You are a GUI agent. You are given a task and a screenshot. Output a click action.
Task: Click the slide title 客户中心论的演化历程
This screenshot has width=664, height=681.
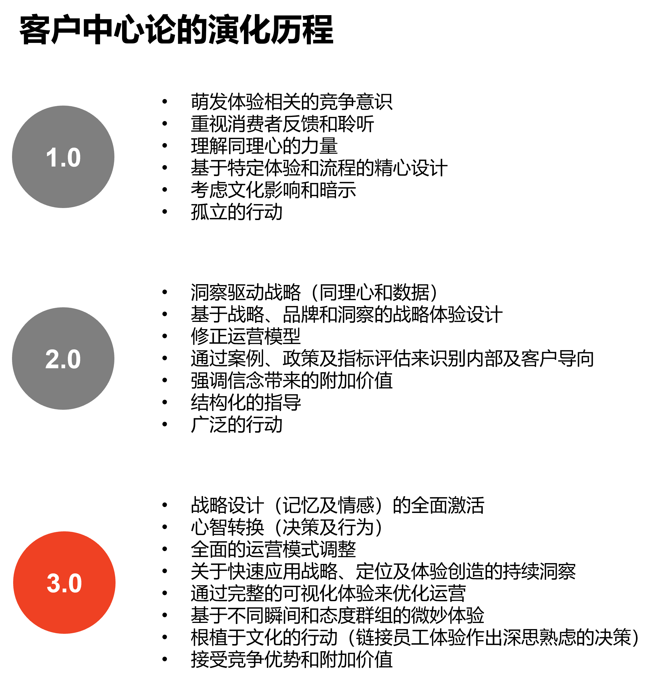pyautogui.click(x=176, y=30)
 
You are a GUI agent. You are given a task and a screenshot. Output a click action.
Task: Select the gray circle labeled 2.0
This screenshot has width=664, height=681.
pyautogui.click(x=63, y=359)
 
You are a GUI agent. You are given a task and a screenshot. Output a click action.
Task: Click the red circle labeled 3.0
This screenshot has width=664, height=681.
pyautogui.click(x=64, y=583)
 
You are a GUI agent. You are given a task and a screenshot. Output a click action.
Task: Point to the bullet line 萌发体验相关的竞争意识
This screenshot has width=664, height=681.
pyautogui.click(x=292, y=102)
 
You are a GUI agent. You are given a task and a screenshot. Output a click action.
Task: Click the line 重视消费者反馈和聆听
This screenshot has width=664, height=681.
pyautogui.click(x=283, y=124)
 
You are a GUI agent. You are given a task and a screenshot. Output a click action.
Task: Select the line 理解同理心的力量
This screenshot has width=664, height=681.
pyautogui.click(x=264, y=146)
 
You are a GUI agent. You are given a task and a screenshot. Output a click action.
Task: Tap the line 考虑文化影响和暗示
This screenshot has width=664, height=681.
pyautogui.click(x=273, y=190)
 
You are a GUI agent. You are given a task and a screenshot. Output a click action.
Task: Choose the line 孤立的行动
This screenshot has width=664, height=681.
pyautogui.click(x=236, y=212)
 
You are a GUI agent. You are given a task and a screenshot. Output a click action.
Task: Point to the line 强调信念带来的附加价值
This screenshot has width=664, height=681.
pyautogui.click(x=292, y=380)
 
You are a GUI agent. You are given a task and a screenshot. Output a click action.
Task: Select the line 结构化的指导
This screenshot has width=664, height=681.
pyautogui.click(x=246, y=402)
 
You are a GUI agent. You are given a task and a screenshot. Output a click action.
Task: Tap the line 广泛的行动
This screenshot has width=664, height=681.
pyautogui.click(x=236, y=424)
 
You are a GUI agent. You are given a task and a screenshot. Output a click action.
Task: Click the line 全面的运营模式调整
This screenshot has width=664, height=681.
pyautogui.click(x=273, y=549)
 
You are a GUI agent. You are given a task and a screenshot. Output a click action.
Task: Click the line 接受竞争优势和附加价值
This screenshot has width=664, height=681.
pyautogui.click(x=292, y=659)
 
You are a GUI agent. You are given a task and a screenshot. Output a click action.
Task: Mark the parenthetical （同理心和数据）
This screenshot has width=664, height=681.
pyautogui.click(x=374, y=292)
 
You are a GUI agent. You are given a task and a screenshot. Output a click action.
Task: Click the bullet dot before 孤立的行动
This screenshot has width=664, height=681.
pyautogui.click(x=165, y=211)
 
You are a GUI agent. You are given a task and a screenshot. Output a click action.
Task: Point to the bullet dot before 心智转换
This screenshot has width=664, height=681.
pyautogui.click(x=165, y=527)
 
